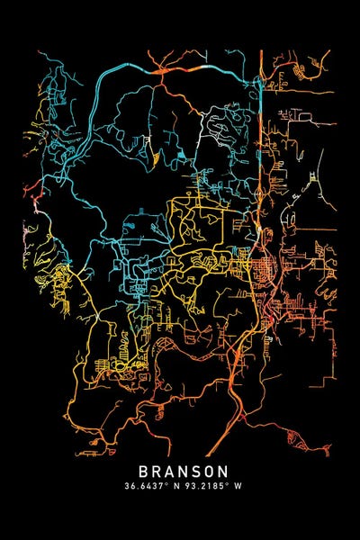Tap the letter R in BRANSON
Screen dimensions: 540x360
[157, 472]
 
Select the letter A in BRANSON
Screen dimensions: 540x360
[169, 472]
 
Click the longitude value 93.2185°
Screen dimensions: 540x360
[202, 486]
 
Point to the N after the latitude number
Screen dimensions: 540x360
[176, 486]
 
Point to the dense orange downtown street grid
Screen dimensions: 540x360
[267, 269]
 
